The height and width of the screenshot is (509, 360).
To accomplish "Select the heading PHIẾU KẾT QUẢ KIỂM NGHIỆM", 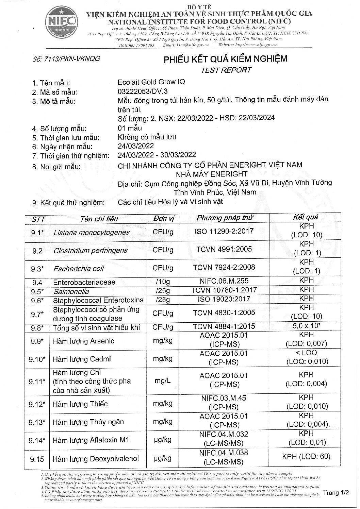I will click(226, 59).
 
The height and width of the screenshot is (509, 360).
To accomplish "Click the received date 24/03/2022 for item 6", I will click(135, 146).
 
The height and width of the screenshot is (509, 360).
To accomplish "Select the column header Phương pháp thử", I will click(225, 218).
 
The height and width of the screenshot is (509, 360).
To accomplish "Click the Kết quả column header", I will click(306, 217).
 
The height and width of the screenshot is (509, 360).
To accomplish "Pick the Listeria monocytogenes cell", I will click(92, 232).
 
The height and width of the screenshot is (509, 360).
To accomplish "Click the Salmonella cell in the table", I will click(71, 291).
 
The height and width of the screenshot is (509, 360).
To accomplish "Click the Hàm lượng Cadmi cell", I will click(82, 359).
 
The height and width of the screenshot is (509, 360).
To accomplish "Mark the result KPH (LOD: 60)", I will click(306, 457).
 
